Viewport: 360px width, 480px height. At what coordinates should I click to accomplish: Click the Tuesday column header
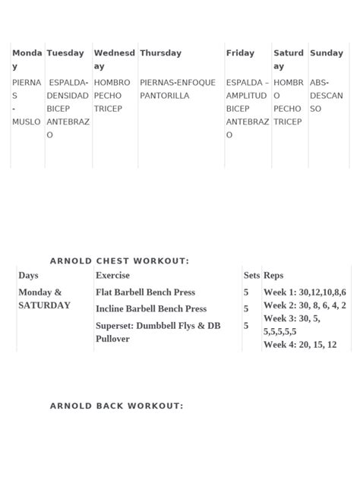[x=65, y=53]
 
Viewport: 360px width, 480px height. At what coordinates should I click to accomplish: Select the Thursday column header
[x=160, y=53]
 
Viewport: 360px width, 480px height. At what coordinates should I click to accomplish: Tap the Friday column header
[x=240, y=53]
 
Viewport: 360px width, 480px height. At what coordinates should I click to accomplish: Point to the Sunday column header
[x=327, y=53]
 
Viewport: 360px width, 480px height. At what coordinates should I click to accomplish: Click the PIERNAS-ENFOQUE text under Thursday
[x=178, y=83]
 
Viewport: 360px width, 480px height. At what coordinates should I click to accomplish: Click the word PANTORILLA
[x=165, y=96]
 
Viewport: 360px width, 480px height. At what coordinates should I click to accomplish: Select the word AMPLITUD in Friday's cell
[x=246, y=96]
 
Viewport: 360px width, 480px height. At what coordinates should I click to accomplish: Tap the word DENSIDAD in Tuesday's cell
[x=68, y=96]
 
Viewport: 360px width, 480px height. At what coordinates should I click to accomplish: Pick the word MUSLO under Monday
[x=27, y=122]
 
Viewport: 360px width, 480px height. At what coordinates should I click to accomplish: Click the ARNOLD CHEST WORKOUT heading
[x=119, y=261]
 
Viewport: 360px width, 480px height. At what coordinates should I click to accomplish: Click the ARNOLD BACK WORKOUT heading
[x=116, y=406]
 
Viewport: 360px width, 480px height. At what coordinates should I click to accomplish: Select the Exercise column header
[x=112, y=276]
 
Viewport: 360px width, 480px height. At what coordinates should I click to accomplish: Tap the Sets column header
[x=251, y=276]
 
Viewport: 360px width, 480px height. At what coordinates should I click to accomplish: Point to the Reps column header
[x=273, y=276]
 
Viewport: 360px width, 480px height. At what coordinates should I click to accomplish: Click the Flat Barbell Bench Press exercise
[x=145, y=292]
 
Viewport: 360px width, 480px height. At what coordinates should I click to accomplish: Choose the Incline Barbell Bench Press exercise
[x=151, y=309]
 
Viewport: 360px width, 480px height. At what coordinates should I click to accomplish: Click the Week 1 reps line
[x=305, y=292]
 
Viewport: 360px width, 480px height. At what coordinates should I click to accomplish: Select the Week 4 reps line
[x=300, y=345]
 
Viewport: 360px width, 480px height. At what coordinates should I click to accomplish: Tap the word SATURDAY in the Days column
[x=44, y=305]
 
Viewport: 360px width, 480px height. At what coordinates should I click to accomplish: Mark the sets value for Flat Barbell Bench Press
[x=246, y=292]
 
